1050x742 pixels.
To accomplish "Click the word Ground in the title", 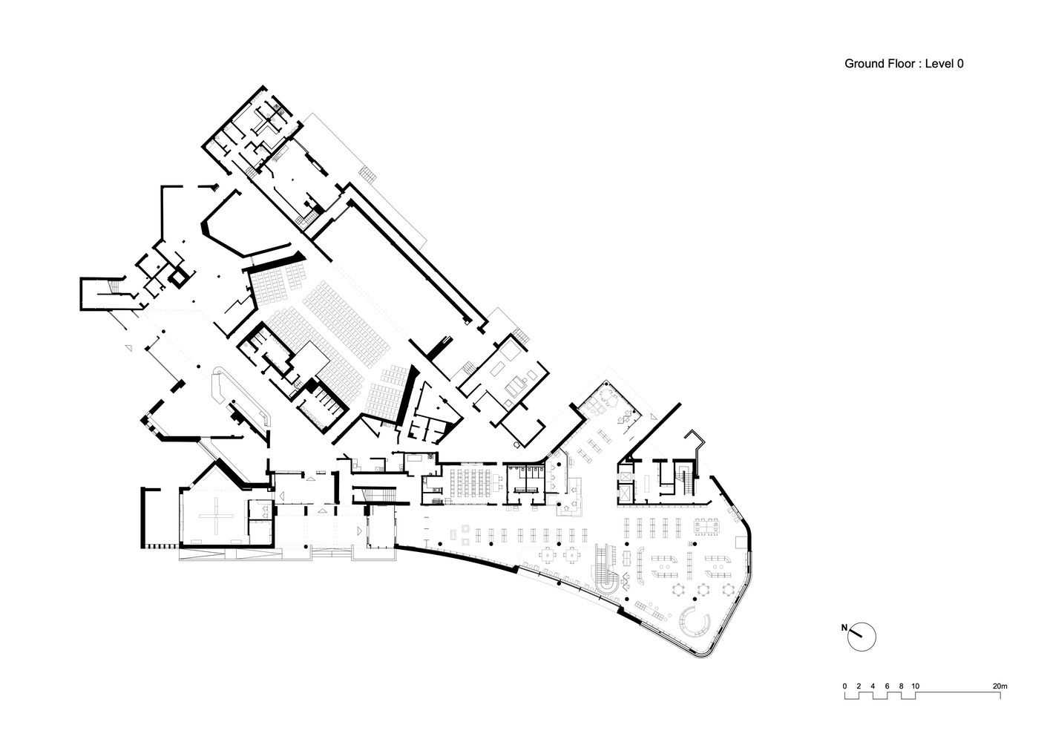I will coord(864,64).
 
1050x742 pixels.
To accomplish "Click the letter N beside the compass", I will coord(844,628).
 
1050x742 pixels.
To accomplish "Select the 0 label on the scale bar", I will coord(844,686).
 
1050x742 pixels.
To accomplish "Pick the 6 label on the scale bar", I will coord(887,686).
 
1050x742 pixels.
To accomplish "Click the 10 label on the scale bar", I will coord(916,686).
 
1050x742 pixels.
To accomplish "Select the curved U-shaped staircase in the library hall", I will coord(604,568).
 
